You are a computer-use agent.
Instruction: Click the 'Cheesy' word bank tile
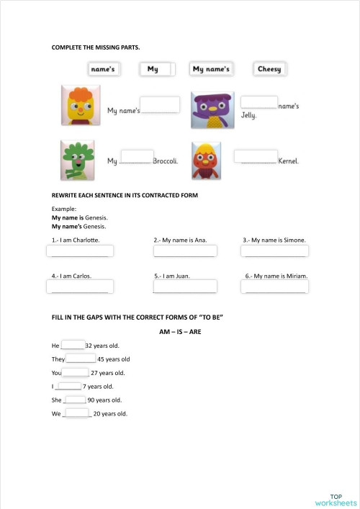[269, 69]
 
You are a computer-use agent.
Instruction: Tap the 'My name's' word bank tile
[211, 69]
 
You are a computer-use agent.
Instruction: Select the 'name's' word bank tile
[102, 69]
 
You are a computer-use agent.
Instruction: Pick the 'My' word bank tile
[153, 69]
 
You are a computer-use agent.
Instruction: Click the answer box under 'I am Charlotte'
[79, 251]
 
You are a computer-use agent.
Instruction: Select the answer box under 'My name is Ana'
[185, 251]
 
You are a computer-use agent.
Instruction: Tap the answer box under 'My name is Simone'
[274, 251]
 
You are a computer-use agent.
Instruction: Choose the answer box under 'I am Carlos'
[79, 287]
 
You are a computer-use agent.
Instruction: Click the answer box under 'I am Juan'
[185, 287]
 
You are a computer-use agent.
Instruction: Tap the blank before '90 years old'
[75, 399]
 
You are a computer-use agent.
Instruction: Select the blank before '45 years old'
[81, 358]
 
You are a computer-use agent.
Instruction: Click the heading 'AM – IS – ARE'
[179, 332]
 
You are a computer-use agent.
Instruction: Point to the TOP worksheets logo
[336, 500]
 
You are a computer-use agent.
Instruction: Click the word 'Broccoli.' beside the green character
[166, 161]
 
